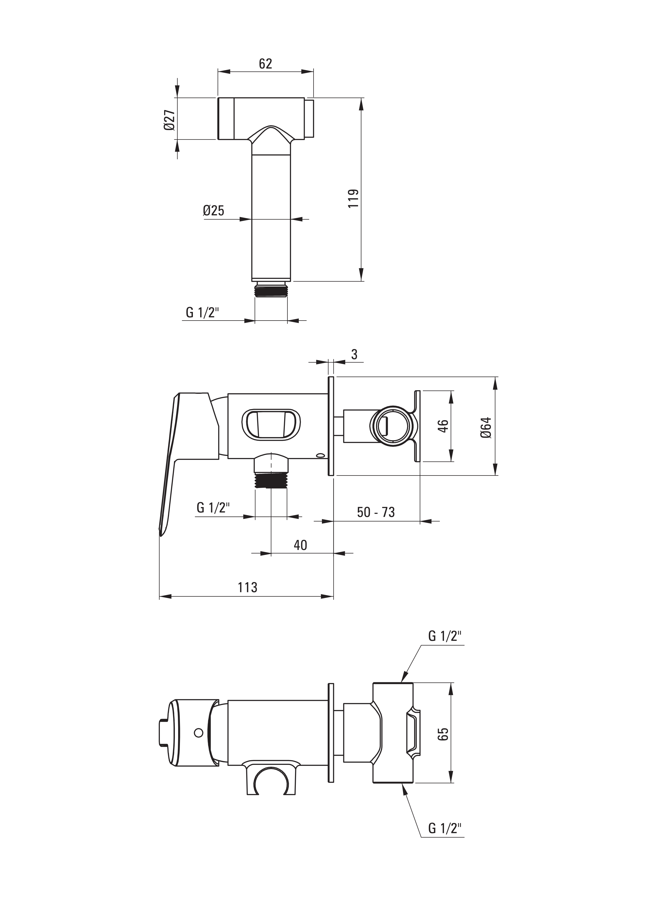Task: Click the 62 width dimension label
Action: (265, 64)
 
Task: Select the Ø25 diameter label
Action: (213, 210)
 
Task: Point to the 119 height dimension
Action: (353, 198)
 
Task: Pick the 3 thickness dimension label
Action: (354, 354)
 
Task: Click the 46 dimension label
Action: (443, 426)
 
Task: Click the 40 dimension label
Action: (300, 545)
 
